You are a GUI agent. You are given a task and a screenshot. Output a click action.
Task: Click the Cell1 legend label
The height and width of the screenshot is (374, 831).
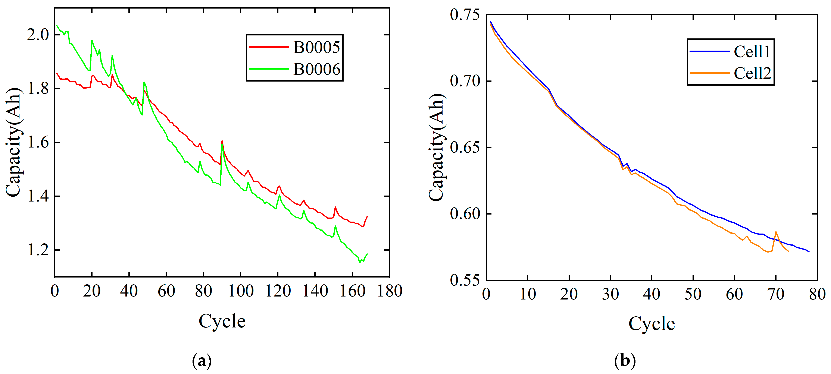pos(752,52)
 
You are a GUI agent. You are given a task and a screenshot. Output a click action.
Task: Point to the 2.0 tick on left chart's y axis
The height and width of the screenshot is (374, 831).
pos(37,35)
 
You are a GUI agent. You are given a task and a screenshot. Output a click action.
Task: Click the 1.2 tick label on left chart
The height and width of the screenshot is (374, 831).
pos(37,250)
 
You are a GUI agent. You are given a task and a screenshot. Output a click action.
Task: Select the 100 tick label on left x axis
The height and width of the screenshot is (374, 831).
pos(241,291)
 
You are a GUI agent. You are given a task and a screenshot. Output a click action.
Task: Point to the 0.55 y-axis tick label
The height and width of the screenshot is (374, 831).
pos(465,280)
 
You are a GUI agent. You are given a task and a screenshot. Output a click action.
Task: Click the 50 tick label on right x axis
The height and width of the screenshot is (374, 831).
pos(693,294)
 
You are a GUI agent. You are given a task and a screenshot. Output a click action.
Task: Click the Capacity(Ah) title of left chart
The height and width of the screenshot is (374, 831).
pos(13,142)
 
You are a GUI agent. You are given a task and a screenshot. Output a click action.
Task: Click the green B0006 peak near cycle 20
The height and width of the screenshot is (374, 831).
pos(92,41)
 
